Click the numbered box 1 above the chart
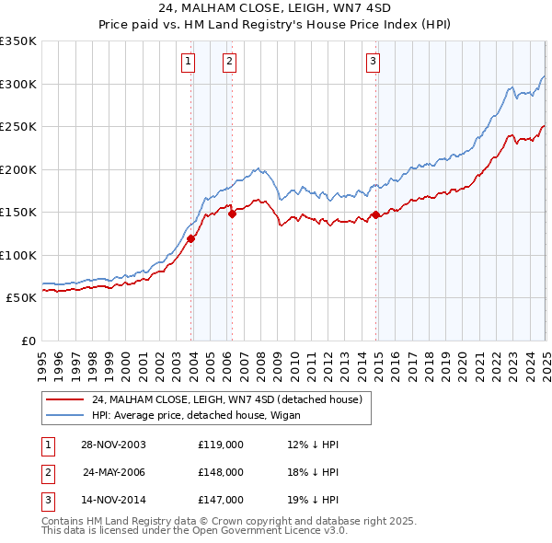click(x=188, y=62)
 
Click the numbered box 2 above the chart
click(x=229, y=62)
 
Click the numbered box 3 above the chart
click(x=374, y=62)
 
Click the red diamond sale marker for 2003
click(x=191, y=239)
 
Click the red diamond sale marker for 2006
click(x=233, y=214)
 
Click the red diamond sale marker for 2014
click(x=376, y=215)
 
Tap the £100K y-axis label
click(x=17, y=255)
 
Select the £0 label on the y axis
click(x=26, y=341)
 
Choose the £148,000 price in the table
click(x=221, y=472)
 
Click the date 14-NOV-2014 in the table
click(x=113, y=501)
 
